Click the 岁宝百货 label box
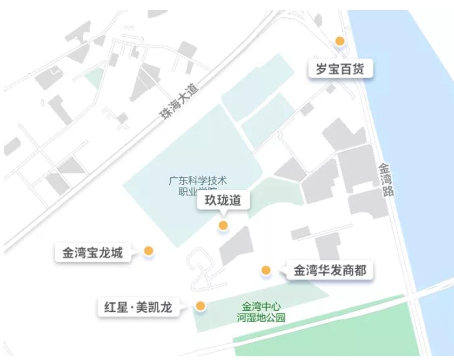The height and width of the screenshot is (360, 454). pos(340,70)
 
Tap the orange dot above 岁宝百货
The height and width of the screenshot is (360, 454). pos(340,41)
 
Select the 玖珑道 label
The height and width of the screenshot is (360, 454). pos(223,201)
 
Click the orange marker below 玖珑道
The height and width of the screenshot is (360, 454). pos(223,225)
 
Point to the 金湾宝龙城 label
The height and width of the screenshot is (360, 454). pos(92,252)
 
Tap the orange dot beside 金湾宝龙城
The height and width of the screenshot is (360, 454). pos(149,251)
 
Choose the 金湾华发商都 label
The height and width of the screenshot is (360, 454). pos(330,270)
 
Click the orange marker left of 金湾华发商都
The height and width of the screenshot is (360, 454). pos(266,270)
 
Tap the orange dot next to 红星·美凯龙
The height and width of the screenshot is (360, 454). pos(201,306)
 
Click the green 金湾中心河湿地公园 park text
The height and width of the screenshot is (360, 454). pos(261,312)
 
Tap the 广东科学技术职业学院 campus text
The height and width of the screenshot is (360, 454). pos(198,185)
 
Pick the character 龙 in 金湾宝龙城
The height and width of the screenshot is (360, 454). pos(104,252)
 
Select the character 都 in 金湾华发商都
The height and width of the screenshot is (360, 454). pos(360,270)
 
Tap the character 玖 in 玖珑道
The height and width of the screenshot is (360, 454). pos(211,201)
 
